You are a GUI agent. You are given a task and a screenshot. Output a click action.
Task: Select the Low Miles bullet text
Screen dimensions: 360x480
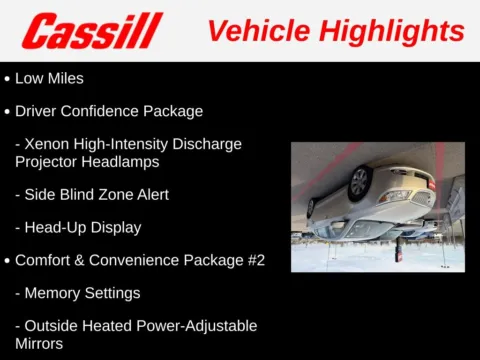[49, 77]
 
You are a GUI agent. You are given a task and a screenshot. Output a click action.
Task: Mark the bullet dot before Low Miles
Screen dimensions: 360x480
[8, 77]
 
